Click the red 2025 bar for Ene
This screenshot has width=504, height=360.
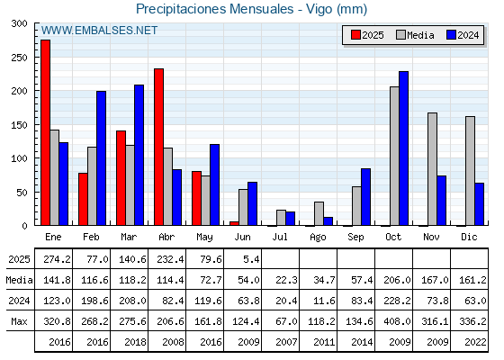(45, 132)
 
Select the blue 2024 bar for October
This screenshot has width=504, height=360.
(404, 148)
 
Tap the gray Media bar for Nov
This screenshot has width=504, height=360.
(432, 169)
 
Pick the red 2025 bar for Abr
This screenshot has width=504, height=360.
(158, 147)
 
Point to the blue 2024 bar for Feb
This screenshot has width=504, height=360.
(101, 158)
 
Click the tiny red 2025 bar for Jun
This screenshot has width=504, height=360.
(234, 223)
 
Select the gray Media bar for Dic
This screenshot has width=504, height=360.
(470, 171)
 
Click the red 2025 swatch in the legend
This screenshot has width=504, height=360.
(355, 35)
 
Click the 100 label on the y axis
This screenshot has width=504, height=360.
(19, 158)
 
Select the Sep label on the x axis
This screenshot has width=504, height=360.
(355, 238)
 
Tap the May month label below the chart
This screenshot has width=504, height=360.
(204, 238)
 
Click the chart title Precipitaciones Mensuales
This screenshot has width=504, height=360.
(215, 9)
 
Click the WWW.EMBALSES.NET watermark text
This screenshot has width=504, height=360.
(99, 31)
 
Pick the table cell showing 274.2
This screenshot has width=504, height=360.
(57, 259)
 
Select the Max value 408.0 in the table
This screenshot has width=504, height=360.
(397, 321)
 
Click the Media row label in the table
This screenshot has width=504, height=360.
(19, 280)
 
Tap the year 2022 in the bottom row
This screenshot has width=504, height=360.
(475, 342)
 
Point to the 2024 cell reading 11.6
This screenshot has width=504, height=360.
(324, 301)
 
